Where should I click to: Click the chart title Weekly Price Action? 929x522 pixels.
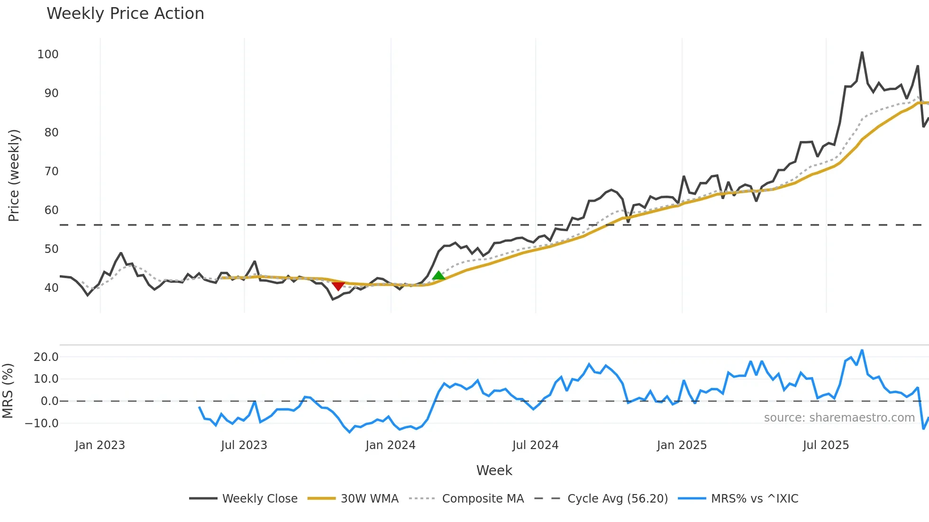coord(125,14)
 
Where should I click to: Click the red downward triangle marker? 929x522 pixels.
coord(337,286)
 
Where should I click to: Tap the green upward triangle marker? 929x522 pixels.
coord(438,276)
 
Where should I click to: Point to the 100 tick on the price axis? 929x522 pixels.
coord(48,54)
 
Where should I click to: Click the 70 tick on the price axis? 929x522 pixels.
coord(51,171)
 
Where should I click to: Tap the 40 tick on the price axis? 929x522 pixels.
coord(51,288)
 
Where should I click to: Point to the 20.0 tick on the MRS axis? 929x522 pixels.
coord(46,357)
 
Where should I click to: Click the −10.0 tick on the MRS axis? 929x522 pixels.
coord(42,423)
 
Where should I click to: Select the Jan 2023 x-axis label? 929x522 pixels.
coord(100,445)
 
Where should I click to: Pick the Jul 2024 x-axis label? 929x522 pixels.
coord(535,445)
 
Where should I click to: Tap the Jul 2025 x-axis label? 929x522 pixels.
coord(826,445)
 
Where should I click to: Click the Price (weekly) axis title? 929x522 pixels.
coord(14,175)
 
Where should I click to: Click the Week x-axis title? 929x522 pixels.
coord(494,470)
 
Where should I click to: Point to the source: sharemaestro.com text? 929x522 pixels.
coord(839,418)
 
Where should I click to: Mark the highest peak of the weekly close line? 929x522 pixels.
coord(862,53)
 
